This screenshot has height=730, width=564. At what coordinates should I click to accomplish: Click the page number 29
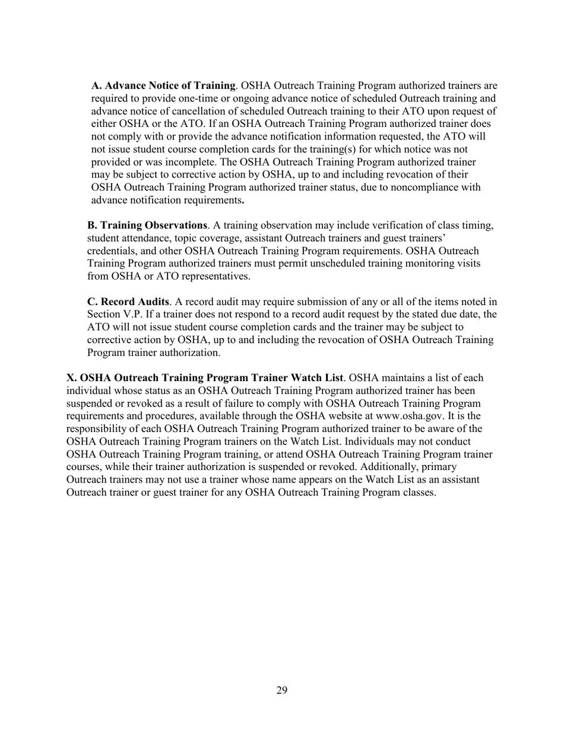282,690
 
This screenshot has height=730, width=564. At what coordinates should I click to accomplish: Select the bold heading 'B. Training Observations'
147,225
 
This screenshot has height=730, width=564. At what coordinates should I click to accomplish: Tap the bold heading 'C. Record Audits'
128,301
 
